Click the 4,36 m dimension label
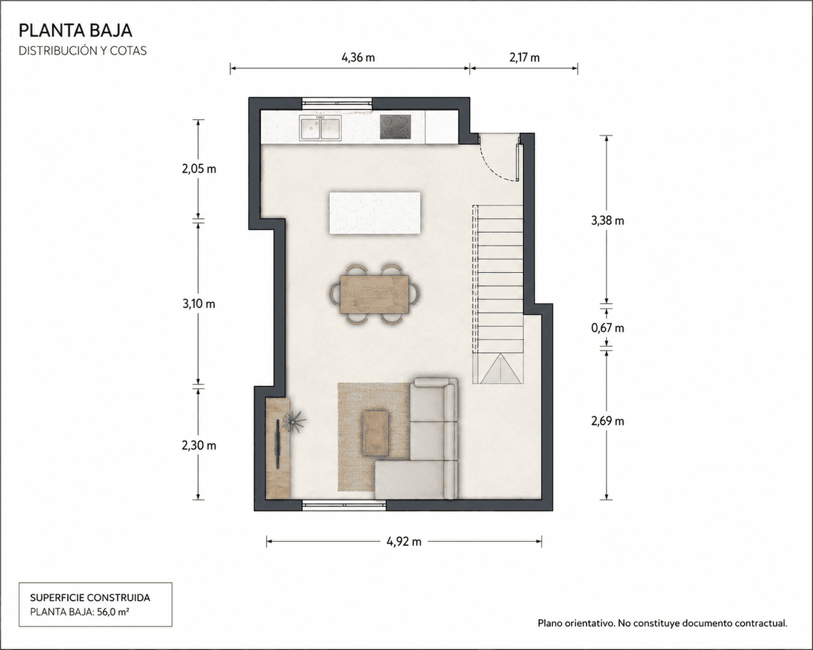[358, 58]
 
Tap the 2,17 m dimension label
[524, 58]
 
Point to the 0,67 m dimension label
[608, 328]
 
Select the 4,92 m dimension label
[404, 542]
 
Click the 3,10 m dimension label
[199, 303]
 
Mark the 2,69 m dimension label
[608, 421]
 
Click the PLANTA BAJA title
[76, 30]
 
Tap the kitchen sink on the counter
[320, 128]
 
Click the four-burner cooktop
[395, 127]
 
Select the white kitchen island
[375, 213]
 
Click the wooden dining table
[375, 295]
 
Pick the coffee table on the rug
[375, 433]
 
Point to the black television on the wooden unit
[278, 443]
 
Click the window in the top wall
[337, 102]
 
